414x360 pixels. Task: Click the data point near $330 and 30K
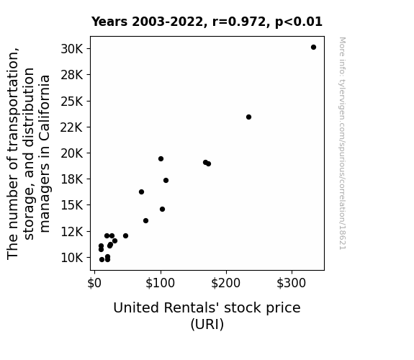tap(313, 48)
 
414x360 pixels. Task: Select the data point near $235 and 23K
tap(248, 117)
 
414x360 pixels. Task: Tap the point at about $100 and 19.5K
tap(161, 158)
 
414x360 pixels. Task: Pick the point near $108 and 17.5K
tap(166, 181)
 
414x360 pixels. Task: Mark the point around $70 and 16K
tap(142, 192)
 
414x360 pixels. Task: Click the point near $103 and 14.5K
tap(163, 210)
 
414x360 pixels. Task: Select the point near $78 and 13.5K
tap(145, 220)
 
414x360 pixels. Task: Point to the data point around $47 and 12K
tap(126, 235)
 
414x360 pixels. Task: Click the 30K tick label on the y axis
tap(72, 49)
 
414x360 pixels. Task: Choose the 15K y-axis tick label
tap(72, 205)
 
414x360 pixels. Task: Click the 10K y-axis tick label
tap(72, 258)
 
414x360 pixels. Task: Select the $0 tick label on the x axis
tap(94, 283)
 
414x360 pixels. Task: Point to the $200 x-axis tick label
tap(226, 283)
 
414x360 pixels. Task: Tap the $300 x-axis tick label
tap(292, 283)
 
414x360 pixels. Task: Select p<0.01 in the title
tap(299, 22)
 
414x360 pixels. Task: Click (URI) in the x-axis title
tap(207, 324)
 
